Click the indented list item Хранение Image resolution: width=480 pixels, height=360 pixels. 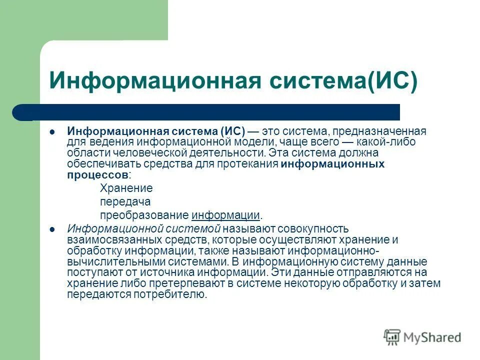point(126,188)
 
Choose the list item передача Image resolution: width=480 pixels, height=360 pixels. point(125,202)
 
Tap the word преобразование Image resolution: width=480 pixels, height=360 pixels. point(144,215)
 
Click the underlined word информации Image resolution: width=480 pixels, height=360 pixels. point(226,215)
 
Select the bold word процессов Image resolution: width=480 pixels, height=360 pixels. point(98,175)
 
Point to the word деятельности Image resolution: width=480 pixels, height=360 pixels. point(222,152)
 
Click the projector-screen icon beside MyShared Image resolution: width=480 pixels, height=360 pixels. point(392,336)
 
